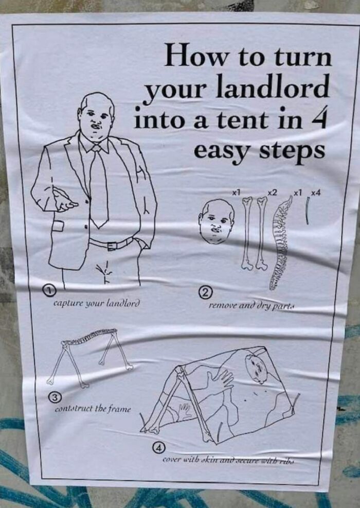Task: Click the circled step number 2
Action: coord(204,293)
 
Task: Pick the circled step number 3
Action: coord(59,396)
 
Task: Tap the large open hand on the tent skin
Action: coord(219,381)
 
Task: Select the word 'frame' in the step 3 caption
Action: coord(119,409)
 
